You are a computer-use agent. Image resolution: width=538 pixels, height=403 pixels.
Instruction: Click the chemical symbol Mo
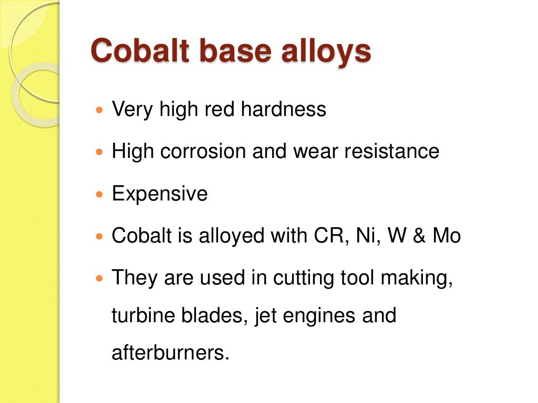point(447,236)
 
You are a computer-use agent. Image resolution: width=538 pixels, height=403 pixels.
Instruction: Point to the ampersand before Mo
point(419,236)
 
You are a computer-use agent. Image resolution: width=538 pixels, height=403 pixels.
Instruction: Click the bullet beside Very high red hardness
point(100,111)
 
